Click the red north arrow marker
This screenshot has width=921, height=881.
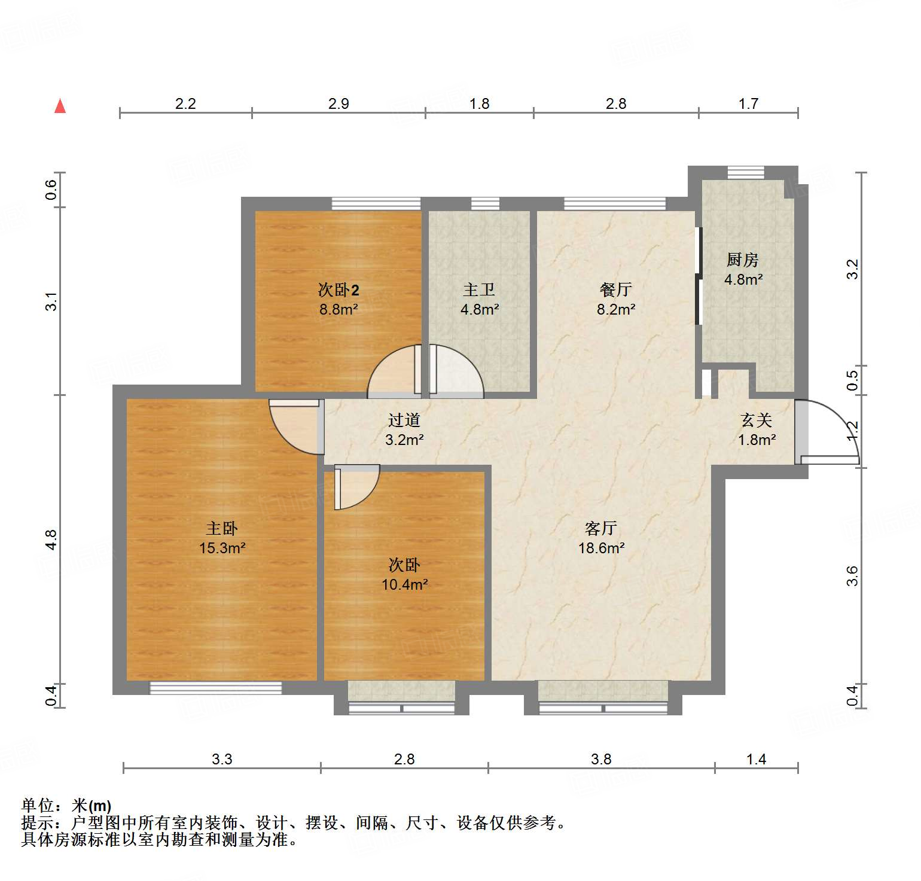coord(60,106)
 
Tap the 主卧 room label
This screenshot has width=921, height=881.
coord(222,529)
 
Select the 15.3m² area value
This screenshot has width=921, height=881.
coord(222,548)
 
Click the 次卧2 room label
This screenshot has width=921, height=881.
coord(338,291)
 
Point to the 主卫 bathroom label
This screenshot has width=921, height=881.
coord(479,290)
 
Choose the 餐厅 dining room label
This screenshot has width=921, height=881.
coord(615,290)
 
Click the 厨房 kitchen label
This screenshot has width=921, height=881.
coord(743,260)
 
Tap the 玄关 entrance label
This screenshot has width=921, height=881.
coord(757,420)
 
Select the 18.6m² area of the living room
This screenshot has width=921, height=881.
coord(602,548)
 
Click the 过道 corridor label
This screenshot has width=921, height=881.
coord(404,420)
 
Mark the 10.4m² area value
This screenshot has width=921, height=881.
coord(405,584)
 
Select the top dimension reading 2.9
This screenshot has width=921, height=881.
coord(338,104)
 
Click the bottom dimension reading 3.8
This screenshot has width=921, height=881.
coord(601,759)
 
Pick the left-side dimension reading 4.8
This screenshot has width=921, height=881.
coord(51,539)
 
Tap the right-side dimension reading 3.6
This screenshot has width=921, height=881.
coord(852,575)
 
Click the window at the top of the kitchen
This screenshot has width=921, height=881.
coord(746,173)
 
